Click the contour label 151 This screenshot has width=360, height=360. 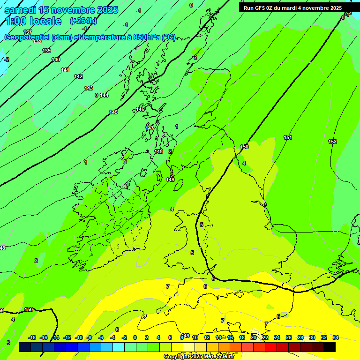click(x=288, y=137)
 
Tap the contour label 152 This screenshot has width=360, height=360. click(x=332, y=142)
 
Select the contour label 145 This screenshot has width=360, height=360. click(x=113, y=112)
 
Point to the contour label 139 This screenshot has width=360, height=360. click(x=46, y=51)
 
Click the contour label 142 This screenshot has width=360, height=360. click(x=78, y=76)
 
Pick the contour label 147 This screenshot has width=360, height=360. click(x=150, y=128)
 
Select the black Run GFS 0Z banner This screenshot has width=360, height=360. click(x=292, y=7)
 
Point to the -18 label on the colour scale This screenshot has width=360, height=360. click(x=32, y=337)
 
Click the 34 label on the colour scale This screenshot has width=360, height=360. click(x=336, y=337)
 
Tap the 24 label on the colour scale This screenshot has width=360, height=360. click(x=277, y=337)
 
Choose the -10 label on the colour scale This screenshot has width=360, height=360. click(x=79, y=337)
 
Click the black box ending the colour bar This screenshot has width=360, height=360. click(x=330, y=347)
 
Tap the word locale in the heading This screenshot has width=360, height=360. click(x=45, y=22)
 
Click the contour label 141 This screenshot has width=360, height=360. click(x=65, y=70)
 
